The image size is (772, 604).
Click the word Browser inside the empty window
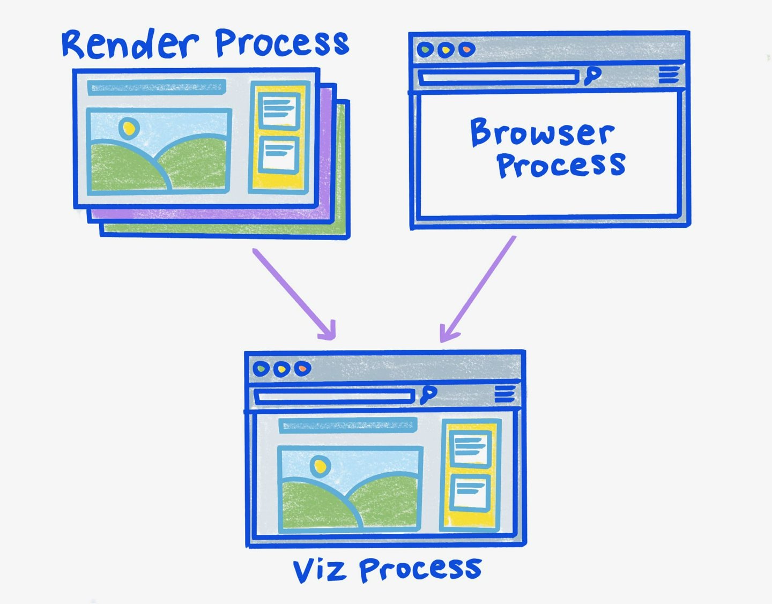pos(541,132)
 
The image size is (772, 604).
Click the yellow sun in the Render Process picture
pos(129,128)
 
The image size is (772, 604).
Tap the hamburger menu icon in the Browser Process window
pos(669,75)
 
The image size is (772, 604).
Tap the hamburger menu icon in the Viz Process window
pos(504,394)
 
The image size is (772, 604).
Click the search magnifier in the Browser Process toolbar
pos(592,76)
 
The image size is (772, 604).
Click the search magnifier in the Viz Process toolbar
pos(428,395)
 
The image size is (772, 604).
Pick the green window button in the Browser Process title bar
pos(425,50)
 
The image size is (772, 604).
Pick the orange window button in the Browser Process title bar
pos(466,50)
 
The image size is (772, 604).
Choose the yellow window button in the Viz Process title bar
pos(281,369)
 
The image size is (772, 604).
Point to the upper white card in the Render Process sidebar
pos(279,110)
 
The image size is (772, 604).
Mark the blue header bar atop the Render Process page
pos(157,87)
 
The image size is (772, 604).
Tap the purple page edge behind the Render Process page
pos(214,214)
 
